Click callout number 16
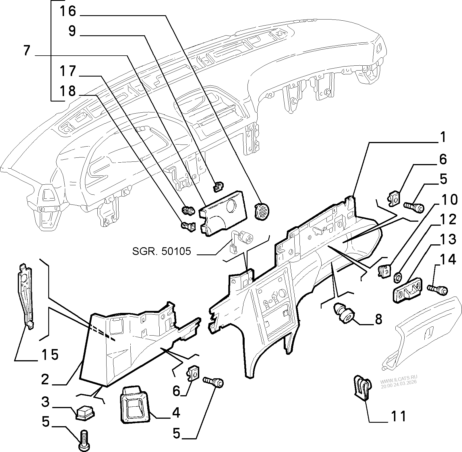pos(68,11)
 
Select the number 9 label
pos(72,31)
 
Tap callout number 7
pos(26,51)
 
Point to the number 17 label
pos(68,71)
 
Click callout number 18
pos(68,91)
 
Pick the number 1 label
pos(443,138)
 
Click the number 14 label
pos(447,260)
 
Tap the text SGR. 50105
pos(161,251)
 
